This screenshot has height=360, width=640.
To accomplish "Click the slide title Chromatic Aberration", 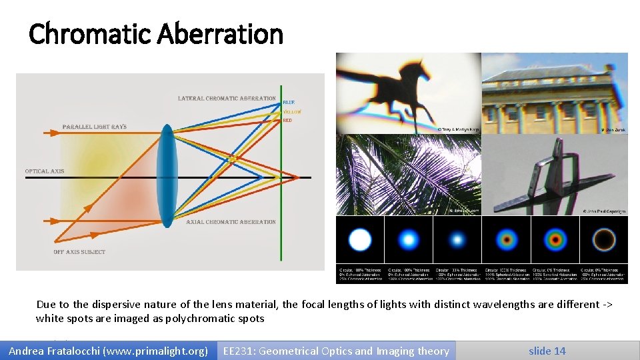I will pos(156,33).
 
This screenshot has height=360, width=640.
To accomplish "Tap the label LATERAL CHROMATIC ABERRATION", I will pos(227,99).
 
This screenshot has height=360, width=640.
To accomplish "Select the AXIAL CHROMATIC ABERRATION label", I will pos(231,222).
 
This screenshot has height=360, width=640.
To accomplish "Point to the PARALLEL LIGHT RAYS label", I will pos(94,127).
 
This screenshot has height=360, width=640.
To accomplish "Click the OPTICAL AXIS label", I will pos(45,171).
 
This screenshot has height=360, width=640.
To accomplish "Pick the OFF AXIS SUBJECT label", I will pos(79,252).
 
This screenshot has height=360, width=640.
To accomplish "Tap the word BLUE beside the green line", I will pos(289,102).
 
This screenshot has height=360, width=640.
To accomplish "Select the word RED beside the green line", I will pos(287,121).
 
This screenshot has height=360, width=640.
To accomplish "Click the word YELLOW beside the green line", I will pos(291,111).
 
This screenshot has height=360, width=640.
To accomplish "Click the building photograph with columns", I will pos(554,93).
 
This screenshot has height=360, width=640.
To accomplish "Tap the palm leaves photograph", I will pos(408,175).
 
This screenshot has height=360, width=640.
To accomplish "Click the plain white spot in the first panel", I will pos(360,239).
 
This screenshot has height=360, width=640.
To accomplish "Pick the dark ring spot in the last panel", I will pos(603,239).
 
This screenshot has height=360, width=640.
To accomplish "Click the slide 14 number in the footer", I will pos(547,351).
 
